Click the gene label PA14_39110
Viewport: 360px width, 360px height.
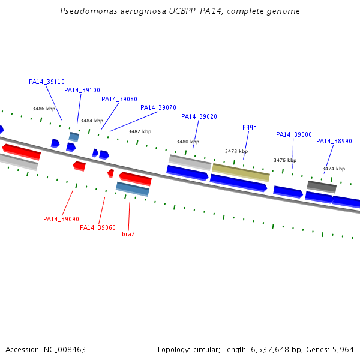[47, 82]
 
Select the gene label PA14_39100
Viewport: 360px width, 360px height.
[82, 90]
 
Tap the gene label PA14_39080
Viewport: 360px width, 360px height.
[119, 99]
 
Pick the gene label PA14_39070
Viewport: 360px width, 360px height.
[158, 107]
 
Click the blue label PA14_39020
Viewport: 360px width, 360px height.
[199, 116]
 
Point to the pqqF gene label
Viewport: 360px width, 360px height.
[249, 126]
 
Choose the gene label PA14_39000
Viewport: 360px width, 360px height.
[294, 134]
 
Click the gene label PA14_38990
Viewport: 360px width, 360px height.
[334, 141]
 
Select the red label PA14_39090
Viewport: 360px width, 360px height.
[61, 219]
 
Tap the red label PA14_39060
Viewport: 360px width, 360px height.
[98, 227]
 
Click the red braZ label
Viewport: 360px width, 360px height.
[128, 233]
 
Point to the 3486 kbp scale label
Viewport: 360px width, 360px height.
[44, 109]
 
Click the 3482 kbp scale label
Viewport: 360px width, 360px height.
[140, 131]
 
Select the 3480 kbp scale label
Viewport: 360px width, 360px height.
[188, 142]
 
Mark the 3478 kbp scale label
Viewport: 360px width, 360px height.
[236, 151]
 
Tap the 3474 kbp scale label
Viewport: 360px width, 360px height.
[334, 169]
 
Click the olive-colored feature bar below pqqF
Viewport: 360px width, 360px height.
[241, 172]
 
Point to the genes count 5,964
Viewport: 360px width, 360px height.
[343, 349]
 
